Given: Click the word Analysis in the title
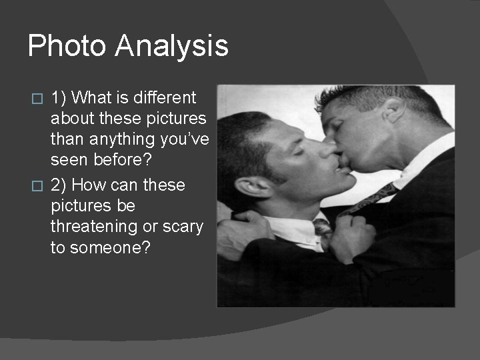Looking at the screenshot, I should coord(171,47).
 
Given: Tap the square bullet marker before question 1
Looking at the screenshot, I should coord(38,99).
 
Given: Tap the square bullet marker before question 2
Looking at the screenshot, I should coord(38,185).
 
